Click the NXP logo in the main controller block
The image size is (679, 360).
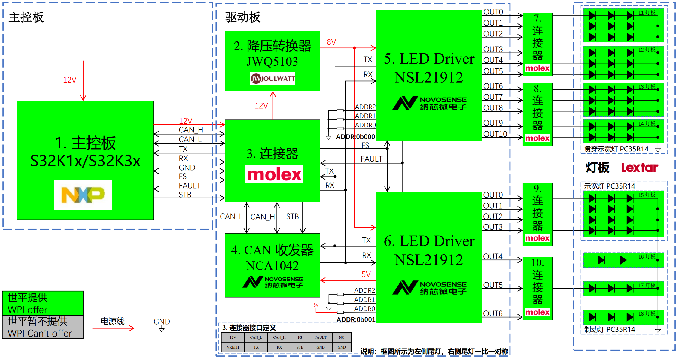tap(83, 195)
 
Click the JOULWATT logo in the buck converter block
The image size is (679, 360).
tap(273, 79)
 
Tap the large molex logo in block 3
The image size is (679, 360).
tap(274, 174)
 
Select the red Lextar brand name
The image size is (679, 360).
tap(640, 168)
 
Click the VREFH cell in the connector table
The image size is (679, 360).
tap(233, 347)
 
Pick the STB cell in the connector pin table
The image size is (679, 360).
tap(300, 347)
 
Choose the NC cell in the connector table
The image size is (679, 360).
tap(342, 337)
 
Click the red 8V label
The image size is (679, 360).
tap(331, 42)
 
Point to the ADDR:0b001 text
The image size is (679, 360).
tap(356, 319)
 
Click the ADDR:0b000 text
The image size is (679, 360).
tap(355, 137)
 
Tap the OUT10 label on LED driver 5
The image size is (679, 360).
tap(495, 134)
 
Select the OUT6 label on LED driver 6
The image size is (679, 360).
tap(493, 313)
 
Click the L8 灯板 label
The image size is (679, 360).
tap(647, 313)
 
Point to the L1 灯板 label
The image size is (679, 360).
tap(647, 13)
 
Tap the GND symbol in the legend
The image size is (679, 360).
tap(162, 325)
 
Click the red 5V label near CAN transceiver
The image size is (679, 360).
tap(366, 274)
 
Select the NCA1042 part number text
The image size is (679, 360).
tap(272, 265)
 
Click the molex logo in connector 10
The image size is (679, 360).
tap(537, 312)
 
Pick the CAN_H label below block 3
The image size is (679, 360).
tap(263, 217)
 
